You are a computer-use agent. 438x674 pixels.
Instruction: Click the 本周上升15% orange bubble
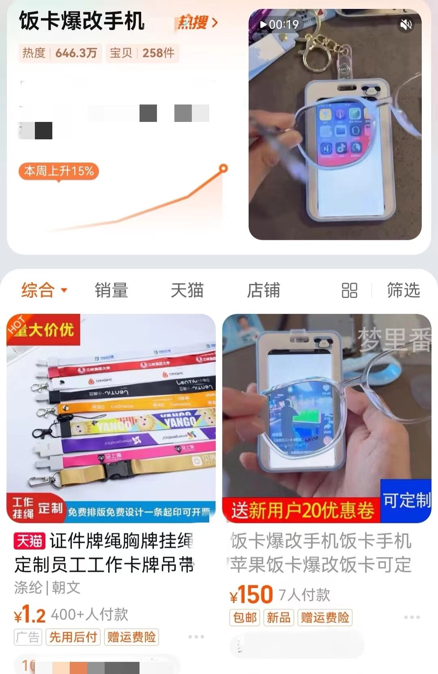point(59,171)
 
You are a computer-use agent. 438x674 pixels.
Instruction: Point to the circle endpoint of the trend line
point(223,168)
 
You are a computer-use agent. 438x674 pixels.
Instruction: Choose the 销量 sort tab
point(111,290)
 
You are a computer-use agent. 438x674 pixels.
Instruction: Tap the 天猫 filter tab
point(187,290)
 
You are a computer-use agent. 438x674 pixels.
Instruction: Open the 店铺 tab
point(263,290)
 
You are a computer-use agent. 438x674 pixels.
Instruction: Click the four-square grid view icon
point(349,290)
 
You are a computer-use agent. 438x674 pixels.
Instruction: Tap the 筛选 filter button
point(403,290)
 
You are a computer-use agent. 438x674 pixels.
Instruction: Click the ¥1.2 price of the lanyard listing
point(30,614)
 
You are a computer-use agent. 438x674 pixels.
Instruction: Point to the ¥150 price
point(251,595)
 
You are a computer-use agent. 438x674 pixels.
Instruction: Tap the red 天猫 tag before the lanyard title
point(29,541)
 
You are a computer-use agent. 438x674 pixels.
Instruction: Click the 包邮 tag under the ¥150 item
point(245,617)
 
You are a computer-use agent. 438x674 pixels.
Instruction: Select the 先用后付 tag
point(73,637)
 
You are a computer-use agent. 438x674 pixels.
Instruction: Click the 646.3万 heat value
point(76,53)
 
